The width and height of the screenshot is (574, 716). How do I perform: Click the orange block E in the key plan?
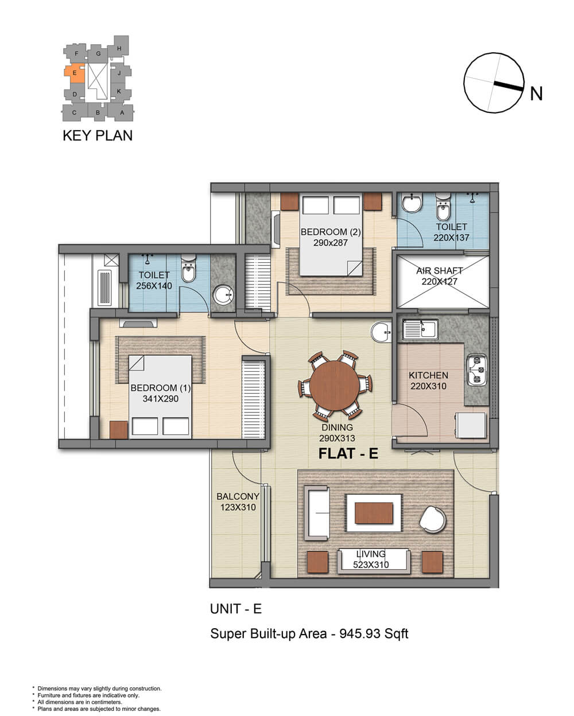coord(75,73)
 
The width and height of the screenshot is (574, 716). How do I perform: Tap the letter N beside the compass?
coord(536,94)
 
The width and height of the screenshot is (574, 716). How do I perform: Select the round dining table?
coord(335,386)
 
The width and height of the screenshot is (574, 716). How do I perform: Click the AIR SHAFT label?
coord(440,270)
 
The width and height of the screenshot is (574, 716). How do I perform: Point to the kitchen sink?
coord(420,329)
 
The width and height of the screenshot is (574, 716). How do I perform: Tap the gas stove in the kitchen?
coord(476,369)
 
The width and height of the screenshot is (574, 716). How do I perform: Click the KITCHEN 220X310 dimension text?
coord(428,386)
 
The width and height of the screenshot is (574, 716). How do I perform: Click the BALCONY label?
coord(238,496)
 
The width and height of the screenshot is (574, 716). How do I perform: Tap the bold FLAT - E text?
coord(348,453)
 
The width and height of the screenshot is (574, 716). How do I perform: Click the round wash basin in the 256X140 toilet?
coord(223,294)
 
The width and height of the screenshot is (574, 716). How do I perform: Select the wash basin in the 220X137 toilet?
coord(412,203)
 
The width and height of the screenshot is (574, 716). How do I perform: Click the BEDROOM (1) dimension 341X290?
coord(161,399)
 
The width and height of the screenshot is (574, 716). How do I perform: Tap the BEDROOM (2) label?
coord(331,232)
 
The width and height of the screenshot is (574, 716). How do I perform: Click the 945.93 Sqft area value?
coord(374,633)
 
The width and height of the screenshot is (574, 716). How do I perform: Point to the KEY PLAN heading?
coord(98,135)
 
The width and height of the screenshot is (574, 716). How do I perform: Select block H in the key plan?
coord(119,49)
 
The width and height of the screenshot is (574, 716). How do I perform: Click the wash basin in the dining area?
coord(382,332)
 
